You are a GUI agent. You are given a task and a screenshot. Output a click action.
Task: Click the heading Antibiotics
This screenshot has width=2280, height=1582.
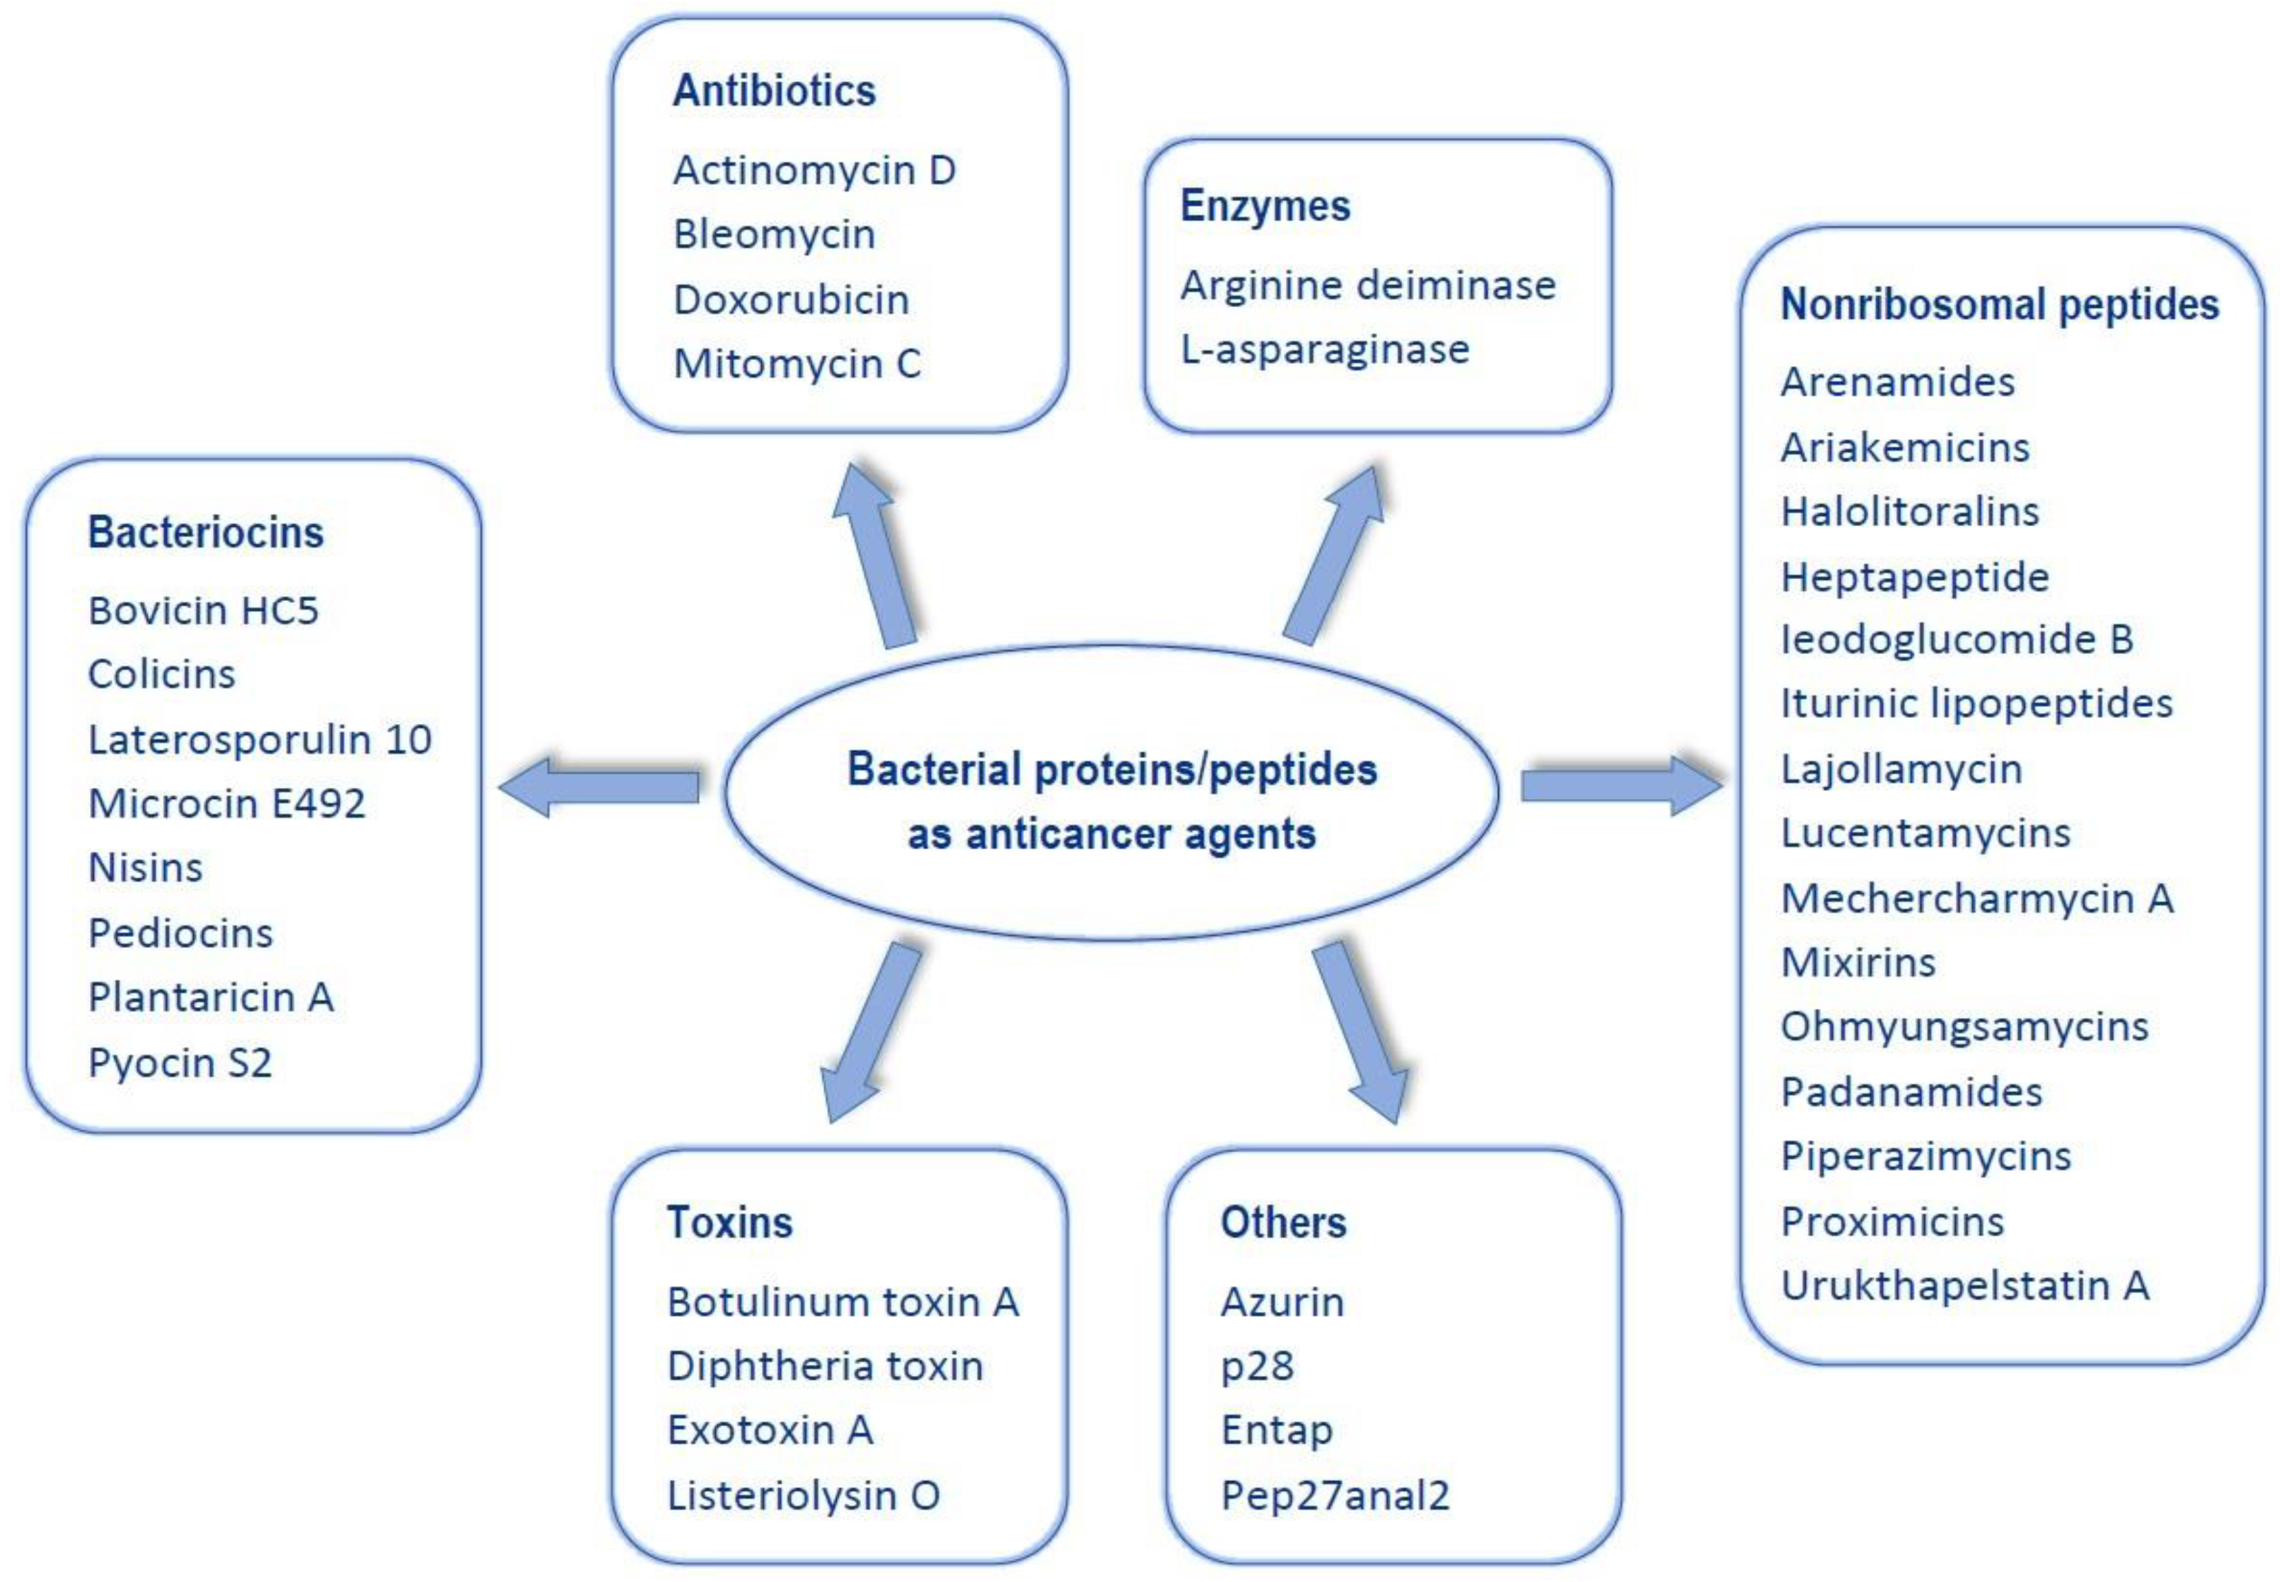[774, 91]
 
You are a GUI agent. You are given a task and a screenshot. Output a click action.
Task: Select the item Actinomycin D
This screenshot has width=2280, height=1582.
[814, 170]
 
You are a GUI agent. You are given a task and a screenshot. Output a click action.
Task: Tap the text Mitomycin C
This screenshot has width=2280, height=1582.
[796, 364]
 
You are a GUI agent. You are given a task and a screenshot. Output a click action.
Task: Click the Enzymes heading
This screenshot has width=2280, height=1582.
[1264, 206]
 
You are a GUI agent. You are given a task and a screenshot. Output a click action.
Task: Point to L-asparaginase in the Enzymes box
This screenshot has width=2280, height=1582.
[1324, 349]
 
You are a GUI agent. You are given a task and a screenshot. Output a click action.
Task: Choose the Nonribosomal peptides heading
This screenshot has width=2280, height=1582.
[1998, 304]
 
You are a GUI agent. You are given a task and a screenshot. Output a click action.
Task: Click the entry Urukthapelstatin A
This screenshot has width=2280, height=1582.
[1964, 1286]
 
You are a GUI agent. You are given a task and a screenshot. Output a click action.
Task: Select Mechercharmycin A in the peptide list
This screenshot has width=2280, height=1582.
[1976, 898]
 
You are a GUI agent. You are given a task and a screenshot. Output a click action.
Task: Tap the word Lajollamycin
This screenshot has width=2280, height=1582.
[1900, 769]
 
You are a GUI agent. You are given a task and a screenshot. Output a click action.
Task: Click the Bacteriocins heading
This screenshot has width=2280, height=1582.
[205, 532]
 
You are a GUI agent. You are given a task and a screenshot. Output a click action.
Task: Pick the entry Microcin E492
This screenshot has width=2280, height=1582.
[226, 803]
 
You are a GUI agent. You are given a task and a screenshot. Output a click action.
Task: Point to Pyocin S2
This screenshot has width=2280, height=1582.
[179, 1063]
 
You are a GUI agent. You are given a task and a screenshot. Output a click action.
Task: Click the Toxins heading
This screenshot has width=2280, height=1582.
[729, 1222]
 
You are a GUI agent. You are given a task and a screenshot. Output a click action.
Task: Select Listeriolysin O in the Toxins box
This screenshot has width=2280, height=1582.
[803, 1495]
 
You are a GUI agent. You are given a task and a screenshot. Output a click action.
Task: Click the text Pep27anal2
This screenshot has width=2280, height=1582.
[1334, 1495]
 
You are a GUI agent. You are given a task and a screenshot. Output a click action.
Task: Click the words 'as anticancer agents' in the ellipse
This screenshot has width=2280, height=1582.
[1111, 835]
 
